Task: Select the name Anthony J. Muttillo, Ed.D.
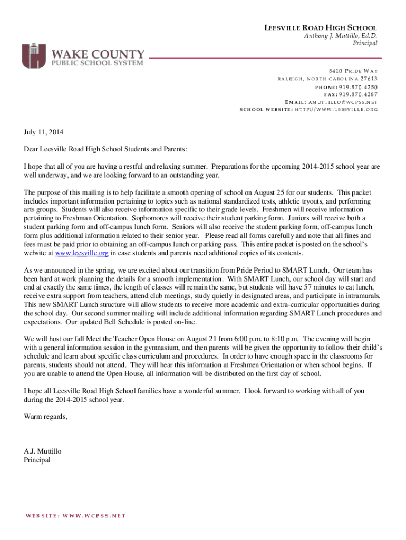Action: [341, 36]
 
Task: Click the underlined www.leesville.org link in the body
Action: [82, 253]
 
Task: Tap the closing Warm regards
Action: [46, 417]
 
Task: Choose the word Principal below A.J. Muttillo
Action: [37, 460]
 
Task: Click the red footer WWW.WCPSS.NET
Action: [94, 516]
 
